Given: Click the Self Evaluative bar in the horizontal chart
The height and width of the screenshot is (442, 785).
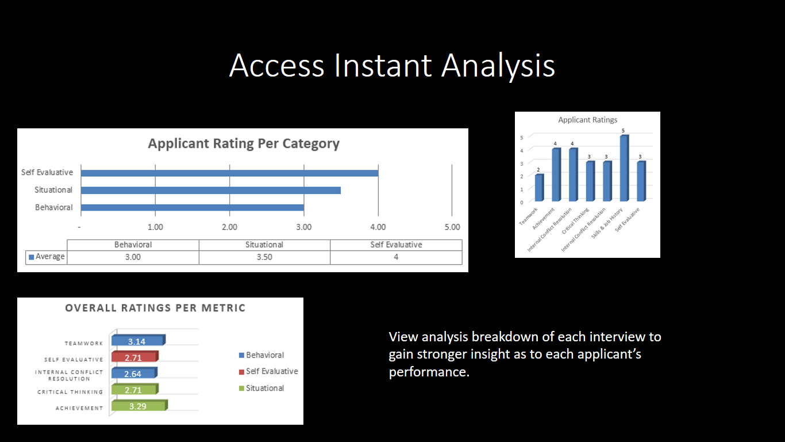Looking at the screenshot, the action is pos(229,173).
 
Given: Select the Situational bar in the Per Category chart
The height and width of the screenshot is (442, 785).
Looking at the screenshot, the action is pos(211,190).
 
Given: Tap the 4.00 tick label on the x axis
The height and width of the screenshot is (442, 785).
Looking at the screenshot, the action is pos(378,227).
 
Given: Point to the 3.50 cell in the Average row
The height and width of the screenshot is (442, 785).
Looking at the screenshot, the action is pos(264,257).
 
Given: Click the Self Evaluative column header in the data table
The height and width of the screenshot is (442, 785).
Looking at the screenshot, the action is pos(396,245).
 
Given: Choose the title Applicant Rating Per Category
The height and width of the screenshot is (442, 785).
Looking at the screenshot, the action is pos(244,143).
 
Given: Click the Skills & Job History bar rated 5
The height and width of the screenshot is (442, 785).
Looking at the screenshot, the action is pos(624,168).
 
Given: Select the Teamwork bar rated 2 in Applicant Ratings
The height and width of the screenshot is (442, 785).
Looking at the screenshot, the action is pos(539,188).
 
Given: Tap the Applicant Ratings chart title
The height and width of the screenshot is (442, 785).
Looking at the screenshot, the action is pos(588,120).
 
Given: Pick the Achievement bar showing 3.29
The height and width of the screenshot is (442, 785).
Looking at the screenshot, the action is pos(140,406).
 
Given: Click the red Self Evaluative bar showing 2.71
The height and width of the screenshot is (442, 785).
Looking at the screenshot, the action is pos(135,357).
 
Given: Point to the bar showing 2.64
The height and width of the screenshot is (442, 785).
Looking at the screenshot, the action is pos(134,373).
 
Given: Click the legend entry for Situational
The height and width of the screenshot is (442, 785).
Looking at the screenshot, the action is pos(261,388).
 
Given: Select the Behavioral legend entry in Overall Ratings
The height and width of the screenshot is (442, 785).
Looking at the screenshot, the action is pos(261,355).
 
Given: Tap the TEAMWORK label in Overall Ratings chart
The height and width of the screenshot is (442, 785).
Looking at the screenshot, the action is pos(84,344).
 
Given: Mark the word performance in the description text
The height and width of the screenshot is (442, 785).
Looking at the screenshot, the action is pos(429,372).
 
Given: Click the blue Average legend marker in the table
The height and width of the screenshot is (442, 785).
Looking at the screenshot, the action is pos(31,257).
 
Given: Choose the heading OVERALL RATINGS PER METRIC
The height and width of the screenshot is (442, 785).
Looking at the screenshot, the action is pos(155,308).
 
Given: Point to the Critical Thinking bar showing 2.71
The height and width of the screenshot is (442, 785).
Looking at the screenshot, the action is pos(135,389).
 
